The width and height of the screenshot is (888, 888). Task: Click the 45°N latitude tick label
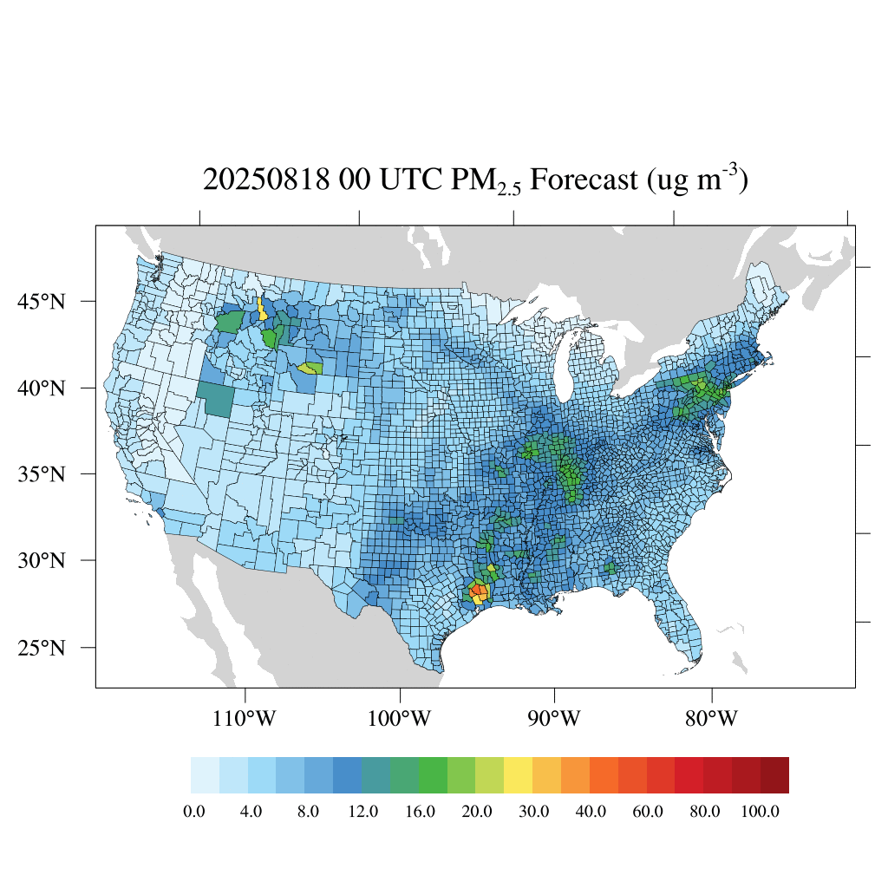pyautogui.click(x=42, y=302)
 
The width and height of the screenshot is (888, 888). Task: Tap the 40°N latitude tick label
pyautogui.click(x=42, y=388)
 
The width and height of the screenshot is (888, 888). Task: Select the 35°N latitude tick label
pyautogui.click(x=42, y=474)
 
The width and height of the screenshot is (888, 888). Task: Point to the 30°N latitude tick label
pyautogui.click(x=42, y=560)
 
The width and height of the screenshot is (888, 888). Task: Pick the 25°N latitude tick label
pyautogui.click(x=42, y=648)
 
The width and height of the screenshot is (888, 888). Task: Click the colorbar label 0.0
pyautogui.click(x=194, y=812)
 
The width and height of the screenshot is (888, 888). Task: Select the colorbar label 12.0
pyautogui.click(x=363, y=812)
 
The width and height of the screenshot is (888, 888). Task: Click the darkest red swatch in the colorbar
pyautogui.click(x=774, y=775)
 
